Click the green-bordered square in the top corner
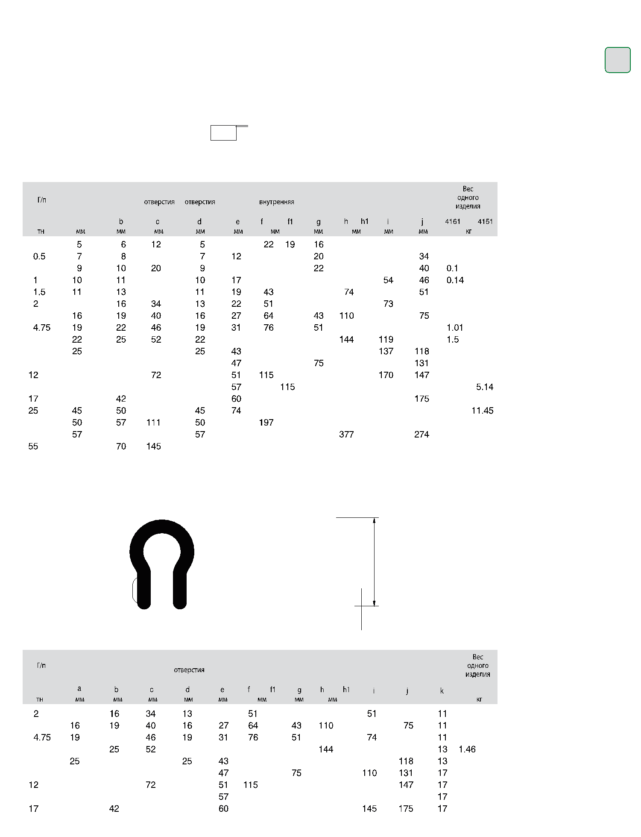618,60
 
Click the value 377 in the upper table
346,435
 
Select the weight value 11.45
483,411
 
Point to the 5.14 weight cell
485,387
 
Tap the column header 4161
453,221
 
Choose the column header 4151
485,221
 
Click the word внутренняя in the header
277,202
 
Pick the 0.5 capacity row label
39,256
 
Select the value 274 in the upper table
421,435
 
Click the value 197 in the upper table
266,423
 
